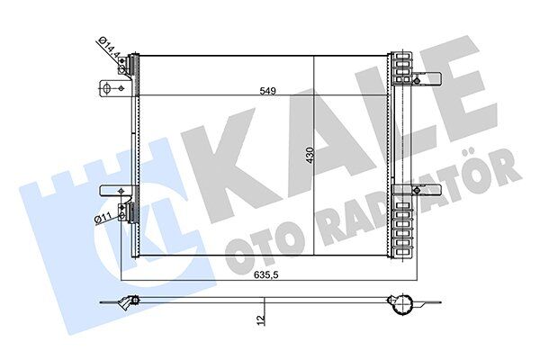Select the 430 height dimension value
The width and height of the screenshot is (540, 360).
pos(310,155)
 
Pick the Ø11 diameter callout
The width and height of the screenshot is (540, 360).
pos(103,217)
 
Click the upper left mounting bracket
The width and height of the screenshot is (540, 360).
pos(112,88)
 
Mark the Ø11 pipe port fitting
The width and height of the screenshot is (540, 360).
pos(132,212)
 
